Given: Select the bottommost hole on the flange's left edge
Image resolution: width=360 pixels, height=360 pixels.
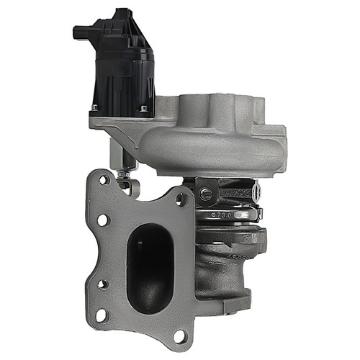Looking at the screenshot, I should tap(101, 315).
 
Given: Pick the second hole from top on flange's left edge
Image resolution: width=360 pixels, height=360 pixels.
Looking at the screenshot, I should tap(102, 220).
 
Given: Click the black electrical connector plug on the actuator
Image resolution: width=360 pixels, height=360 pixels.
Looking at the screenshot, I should tap(86, 32).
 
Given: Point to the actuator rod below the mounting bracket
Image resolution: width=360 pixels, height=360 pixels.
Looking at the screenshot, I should tap(115, 155).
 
